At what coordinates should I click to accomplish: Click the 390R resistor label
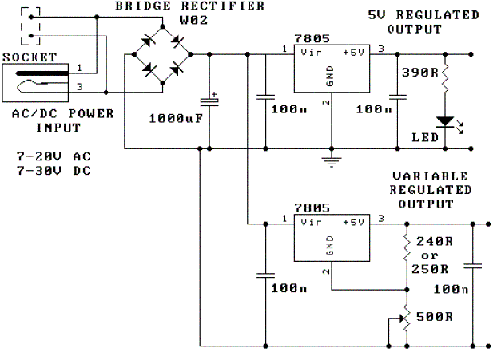click(420, 73)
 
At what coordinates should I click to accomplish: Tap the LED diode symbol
click(445, 122)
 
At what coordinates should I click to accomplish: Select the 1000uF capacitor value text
click(176, 118)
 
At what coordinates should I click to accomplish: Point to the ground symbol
click(331, 162)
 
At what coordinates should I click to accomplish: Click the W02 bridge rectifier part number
click(194, 20)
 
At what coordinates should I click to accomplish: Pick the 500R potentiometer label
click(434, 317)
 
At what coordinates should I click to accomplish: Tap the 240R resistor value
click(434, 241)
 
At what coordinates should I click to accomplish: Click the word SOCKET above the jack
click(30, 57)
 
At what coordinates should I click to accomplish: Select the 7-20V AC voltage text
click(53, 156)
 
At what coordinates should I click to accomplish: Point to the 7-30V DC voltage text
click(53, 171)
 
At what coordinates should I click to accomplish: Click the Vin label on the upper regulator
click(311, 52)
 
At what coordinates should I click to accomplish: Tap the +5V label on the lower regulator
click(354, 222)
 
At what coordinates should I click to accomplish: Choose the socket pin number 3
click(79, 87)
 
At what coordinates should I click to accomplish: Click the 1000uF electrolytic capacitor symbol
click(210, 101)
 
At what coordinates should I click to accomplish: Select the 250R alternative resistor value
click(430, 269)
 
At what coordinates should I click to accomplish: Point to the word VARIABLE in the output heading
click(430, 177)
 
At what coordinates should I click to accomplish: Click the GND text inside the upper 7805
click(330, 76)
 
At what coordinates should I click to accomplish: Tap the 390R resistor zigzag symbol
click(445, 79)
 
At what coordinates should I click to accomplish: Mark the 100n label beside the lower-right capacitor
click(451, 289)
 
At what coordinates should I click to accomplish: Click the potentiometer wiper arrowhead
click(401, 318)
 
